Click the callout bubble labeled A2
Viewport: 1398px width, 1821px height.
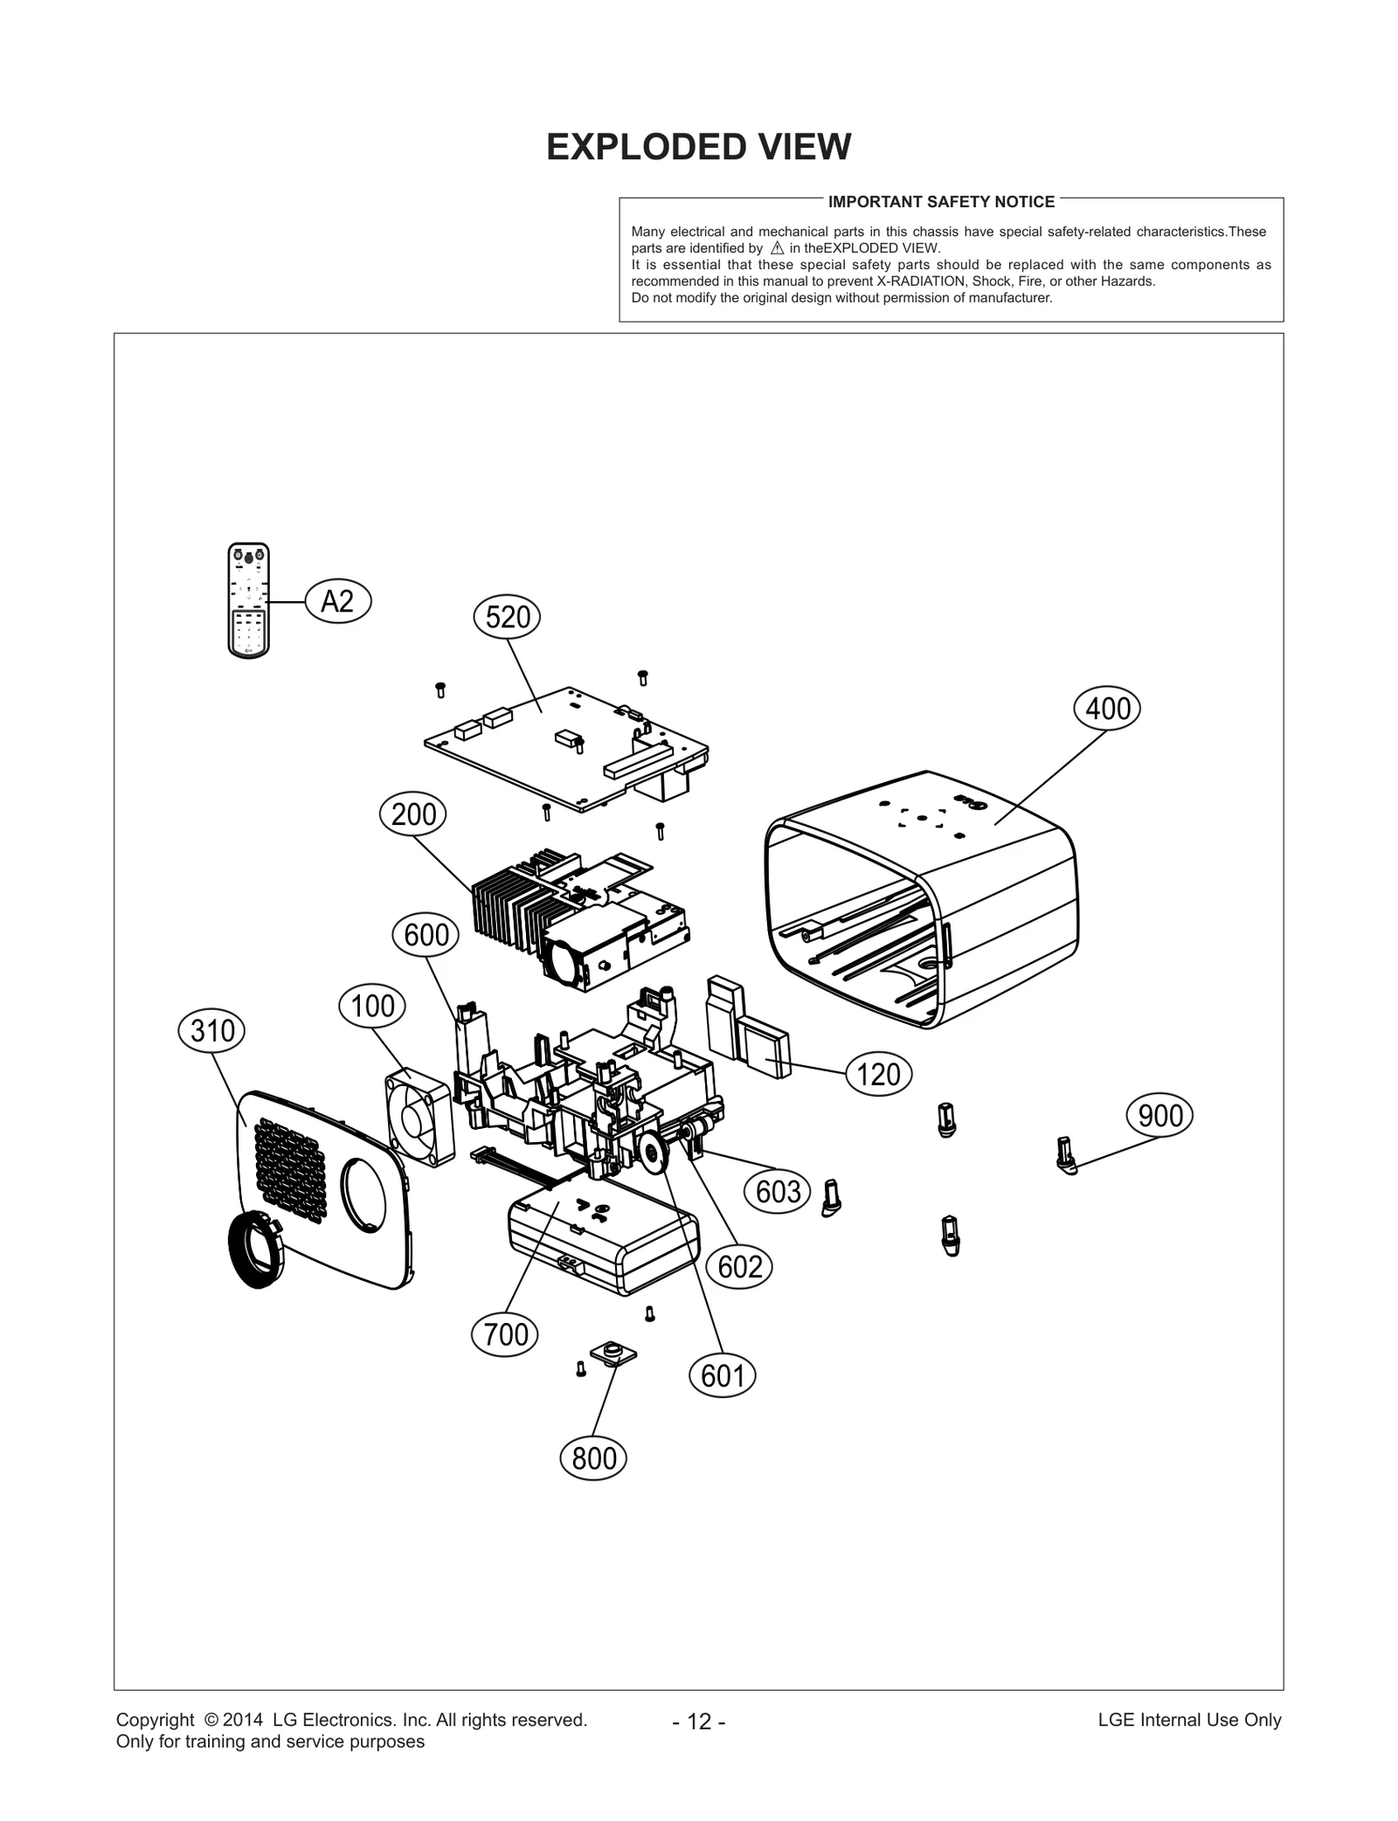coord(338,602)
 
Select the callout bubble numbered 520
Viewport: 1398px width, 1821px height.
coord(507,618)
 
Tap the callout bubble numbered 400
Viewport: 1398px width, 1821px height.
coord(1107,709)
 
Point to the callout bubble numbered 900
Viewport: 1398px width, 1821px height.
coord(1160,1117)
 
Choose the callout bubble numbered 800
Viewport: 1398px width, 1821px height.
coord(593,1458)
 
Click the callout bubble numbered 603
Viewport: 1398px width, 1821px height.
coord(778,1192)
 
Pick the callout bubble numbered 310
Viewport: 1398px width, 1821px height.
coord(211,1031)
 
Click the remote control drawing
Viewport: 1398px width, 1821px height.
coord(248,600)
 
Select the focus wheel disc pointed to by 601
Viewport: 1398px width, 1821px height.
coord(653,1155)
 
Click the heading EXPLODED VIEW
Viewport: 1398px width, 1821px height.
coord(698,148)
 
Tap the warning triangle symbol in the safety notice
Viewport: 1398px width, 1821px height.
coord(777,248)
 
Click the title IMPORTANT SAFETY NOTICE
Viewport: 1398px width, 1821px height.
coord(941,202)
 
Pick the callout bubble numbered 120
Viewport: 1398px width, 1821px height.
coord(878,1075)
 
